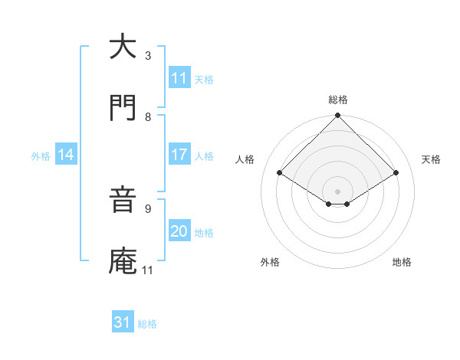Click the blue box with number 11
pyautogui.click(x=179, y=78)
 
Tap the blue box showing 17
pyautogui.click(x=179, y=155)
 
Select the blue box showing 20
pyautogui.click(x=179, y=231)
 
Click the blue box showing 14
pyautogui.click(x=66, y=155)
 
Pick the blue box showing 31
pyautogui.click(x=123, y=322)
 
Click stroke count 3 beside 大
pyautogui.click(x=148, y=56)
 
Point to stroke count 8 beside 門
pyautogui.click(x=148, y=117)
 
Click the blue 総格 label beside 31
pyautogui.click(x=147, y=324)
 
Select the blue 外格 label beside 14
pyautogui.click(x=41, y=155)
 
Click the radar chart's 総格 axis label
pyautogui.click(x=338, y=100)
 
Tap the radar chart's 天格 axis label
pyautogui.click(x=431, y=159)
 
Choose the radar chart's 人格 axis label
pyautogui.click(x=245, y=159)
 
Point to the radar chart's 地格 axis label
pyautogui.click(x=402, y=262)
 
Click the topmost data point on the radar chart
pyautogui.click(x=338, y=116)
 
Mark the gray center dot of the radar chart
pyautogui.click(x=338, y=191)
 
